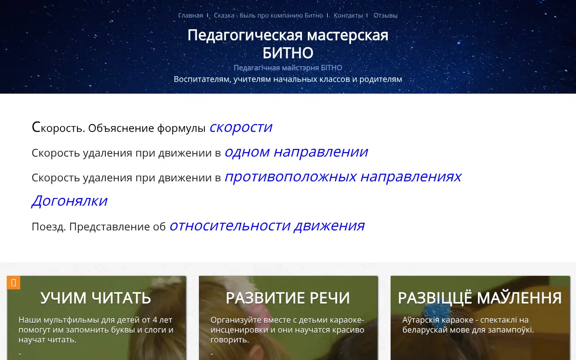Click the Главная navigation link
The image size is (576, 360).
click(190, 15)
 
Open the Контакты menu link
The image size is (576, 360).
click(348, 15)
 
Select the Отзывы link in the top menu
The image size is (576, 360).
click(385, 15)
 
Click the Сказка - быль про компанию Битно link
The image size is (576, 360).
click(268, 15)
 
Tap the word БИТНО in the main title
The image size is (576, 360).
click(288, 53)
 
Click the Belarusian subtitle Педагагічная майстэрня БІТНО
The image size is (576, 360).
click(288, 68)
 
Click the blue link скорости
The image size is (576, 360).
click(241, 127)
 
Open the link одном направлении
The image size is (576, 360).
click(296, 152)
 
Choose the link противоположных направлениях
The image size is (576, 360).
click(342, 177)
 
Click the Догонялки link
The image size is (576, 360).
click(69, 201)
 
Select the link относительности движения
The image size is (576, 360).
click(267, 225)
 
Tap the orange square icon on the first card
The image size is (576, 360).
click(13, 283)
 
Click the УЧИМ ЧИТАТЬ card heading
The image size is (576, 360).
click(96, 298)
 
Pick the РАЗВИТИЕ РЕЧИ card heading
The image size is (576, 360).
click(288, 298)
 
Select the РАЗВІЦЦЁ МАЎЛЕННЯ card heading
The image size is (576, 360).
click(480, 298)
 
